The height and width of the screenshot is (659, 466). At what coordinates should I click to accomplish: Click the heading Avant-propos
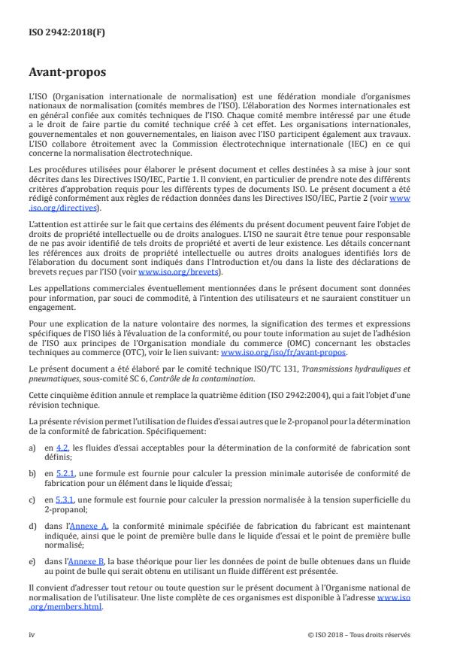(x=66, y=73)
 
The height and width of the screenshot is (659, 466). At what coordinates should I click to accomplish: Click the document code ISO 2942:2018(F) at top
(x=56, y=31)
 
